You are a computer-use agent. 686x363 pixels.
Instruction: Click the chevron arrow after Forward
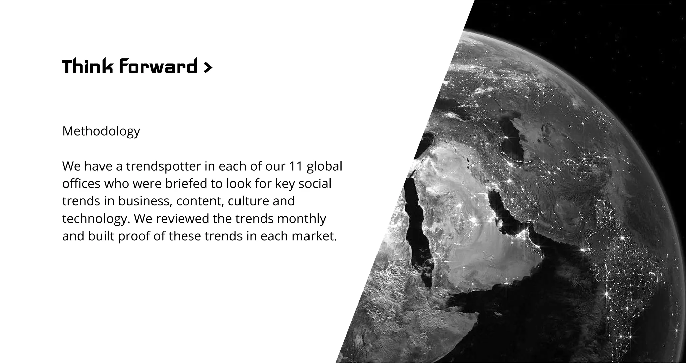click(208, 68)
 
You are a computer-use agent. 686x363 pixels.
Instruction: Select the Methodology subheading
click(101, 131)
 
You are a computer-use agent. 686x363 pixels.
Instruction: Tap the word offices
click(81, 184)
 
